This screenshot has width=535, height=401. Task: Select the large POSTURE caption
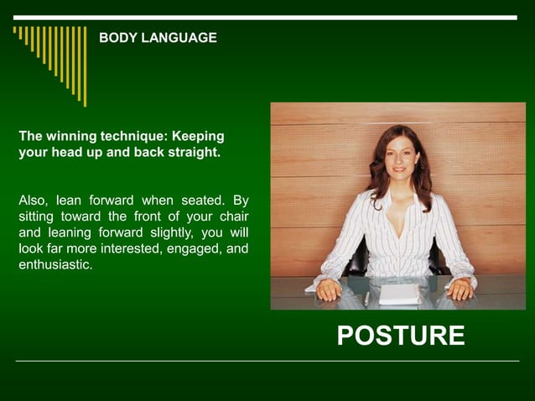point(400,336)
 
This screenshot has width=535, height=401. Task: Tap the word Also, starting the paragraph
point(34,200)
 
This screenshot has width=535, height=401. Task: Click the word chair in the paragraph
point(231,216)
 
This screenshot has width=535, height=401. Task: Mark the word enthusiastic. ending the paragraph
point(55,264)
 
